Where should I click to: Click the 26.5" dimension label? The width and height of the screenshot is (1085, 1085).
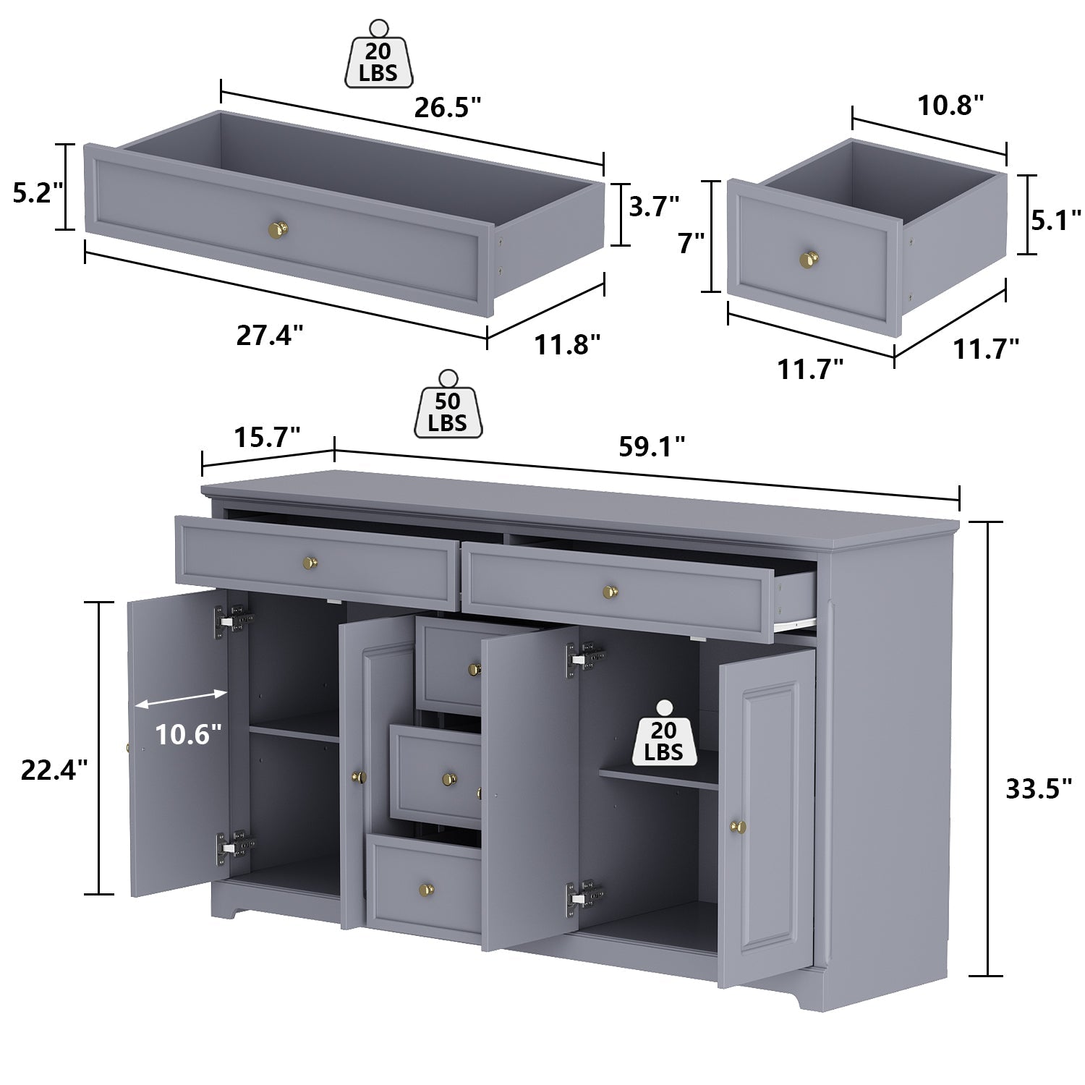coord(447,108)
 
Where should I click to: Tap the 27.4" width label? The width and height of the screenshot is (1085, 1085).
coord(270,335)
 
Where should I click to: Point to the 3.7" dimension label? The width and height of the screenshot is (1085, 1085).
coord(654,207)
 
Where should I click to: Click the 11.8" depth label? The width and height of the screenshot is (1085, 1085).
coord(567,344)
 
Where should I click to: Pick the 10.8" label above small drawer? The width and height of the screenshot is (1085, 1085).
coord(950,105)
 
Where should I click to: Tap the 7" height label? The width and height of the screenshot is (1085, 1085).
coord(691,243)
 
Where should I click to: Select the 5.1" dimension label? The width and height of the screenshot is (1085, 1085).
coord(1056,220)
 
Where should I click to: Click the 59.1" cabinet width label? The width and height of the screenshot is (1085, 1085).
coord(652,447)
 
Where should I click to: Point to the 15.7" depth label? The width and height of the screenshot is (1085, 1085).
coord(267,437)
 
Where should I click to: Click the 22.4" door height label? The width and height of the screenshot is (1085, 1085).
coord(54,770)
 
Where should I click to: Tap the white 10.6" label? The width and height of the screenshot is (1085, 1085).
coord(188,734)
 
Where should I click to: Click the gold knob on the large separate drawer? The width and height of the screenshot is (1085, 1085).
coord(278,229)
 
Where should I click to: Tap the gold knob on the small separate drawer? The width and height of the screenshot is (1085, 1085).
coord(809,258)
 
